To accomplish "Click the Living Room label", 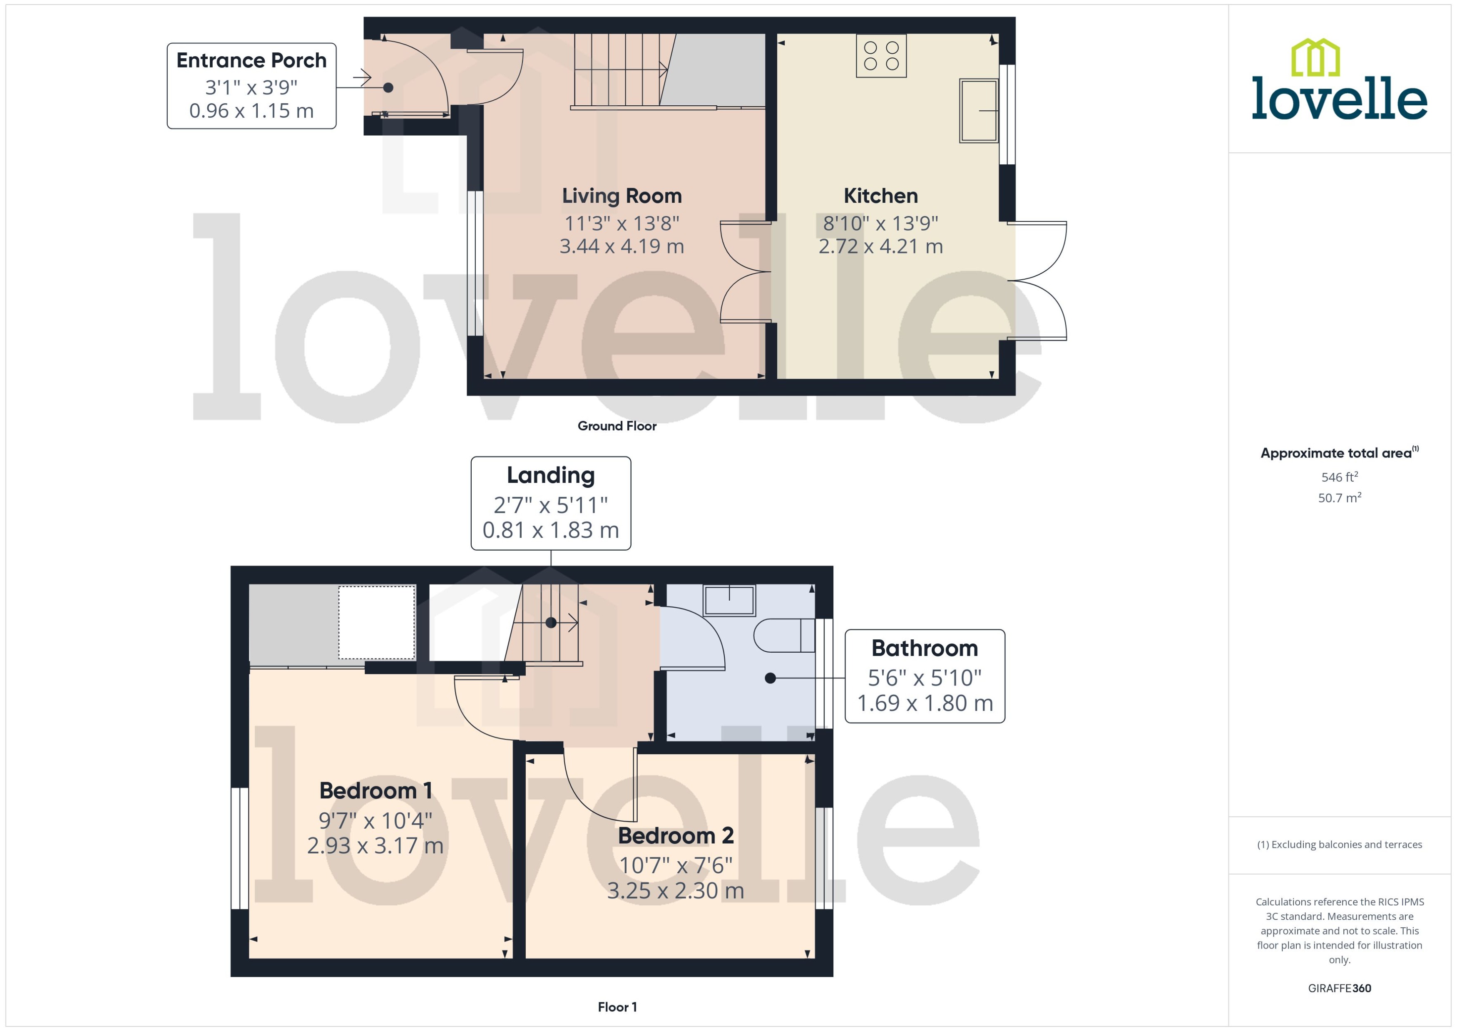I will click(x=622, y=196).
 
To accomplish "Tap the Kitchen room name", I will click(x=880, y=196).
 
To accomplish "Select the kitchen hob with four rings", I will click(x=881, y=56).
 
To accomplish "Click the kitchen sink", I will click(x=978, y=110).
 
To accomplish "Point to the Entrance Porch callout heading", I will click(x=251, y=60).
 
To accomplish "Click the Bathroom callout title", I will click(x=924, y=648).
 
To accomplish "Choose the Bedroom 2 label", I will click(x=676, y=835).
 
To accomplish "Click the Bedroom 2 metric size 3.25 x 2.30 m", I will click(x=676, y=891).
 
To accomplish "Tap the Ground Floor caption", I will click(x=617, y=426).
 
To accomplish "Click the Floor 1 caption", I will click(x=617, y=1007).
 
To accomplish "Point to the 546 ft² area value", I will click(x=1340, y=477).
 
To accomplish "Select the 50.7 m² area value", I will click(x=1340, y=498).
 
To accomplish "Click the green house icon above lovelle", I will click(x=1315, y=57).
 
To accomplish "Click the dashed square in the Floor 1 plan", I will click(x=376, y=622).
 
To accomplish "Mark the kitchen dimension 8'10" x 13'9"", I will click(x=880, y=224).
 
